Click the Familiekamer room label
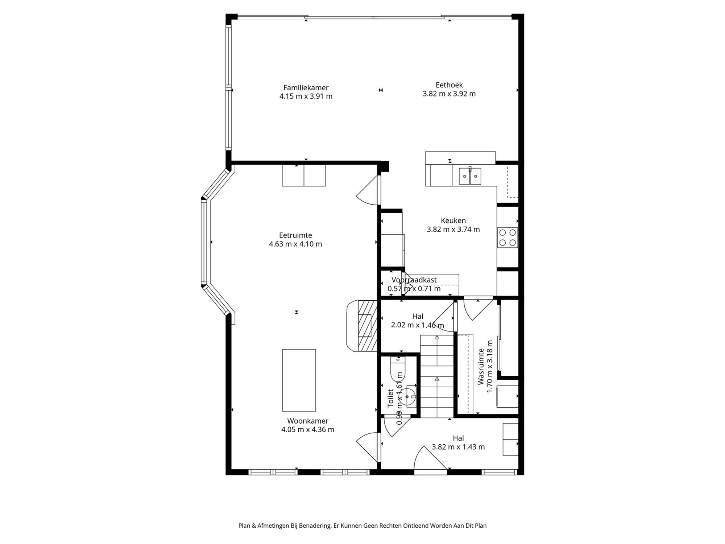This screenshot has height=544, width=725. [306, 88]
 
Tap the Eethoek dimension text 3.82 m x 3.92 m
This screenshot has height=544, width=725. [449, 94]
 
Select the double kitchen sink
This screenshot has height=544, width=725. [470, 176]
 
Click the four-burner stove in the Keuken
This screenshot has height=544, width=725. [507, 238]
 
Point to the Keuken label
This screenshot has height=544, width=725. [453, 221]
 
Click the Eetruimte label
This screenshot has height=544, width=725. [295, 235]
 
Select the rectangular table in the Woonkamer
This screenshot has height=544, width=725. [299, 380]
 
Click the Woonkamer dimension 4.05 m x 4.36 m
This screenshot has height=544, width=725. [307, 430]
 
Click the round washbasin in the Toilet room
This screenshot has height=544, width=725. [408, 397]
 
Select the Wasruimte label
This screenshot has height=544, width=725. [481, 366]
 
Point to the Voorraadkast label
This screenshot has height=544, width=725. [414, 280]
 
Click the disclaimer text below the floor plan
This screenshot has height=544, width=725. [362, 526]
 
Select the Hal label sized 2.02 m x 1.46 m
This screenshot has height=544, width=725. [417, 317]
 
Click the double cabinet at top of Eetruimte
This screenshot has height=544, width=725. [304, 176]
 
